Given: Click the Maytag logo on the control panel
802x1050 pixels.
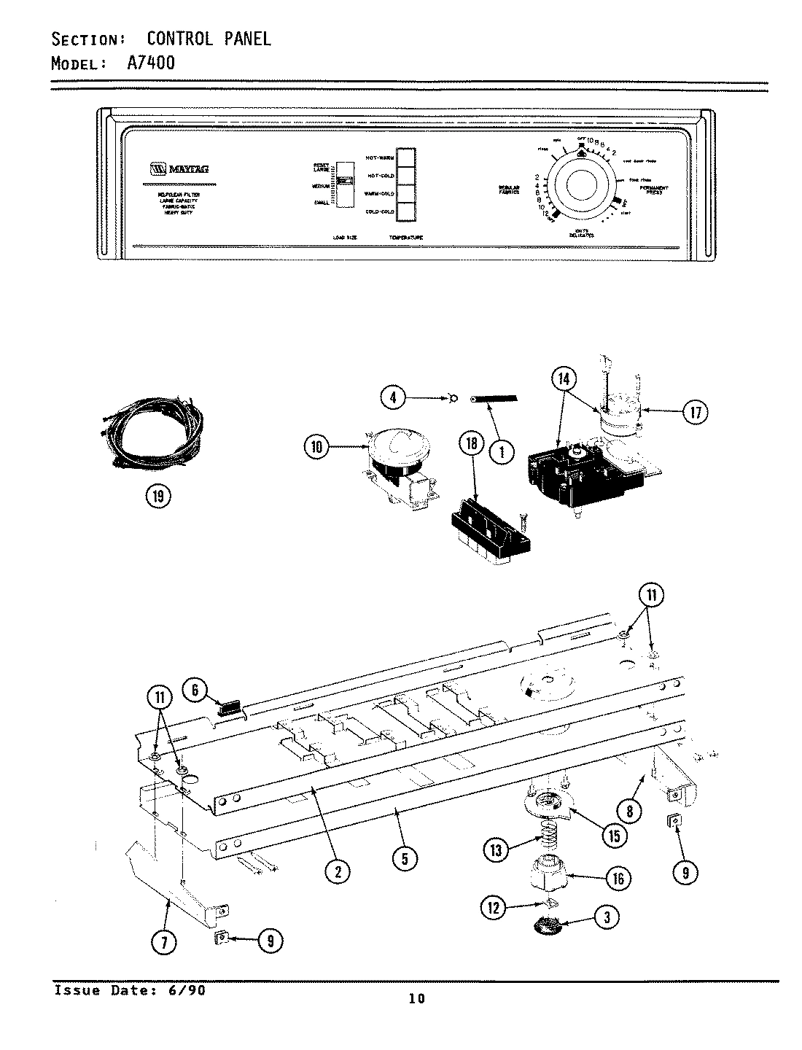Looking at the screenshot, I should pos(179,169).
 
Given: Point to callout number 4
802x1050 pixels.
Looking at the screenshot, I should pos(393,397).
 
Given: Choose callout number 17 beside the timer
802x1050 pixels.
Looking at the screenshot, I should pos(694,413).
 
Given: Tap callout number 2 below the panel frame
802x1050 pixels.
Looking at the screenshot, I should pos(338,871).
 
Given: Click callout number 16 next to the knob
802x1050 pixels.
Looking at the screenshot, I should pos(618,878).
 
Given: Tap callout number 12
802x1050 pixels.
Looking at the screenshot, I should pos(494,907).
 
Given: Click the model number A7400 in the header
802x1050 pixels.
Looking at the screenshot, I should pos(151,63).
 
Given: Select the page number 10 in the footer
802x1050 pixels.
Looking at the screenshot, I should pos(417,999).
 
